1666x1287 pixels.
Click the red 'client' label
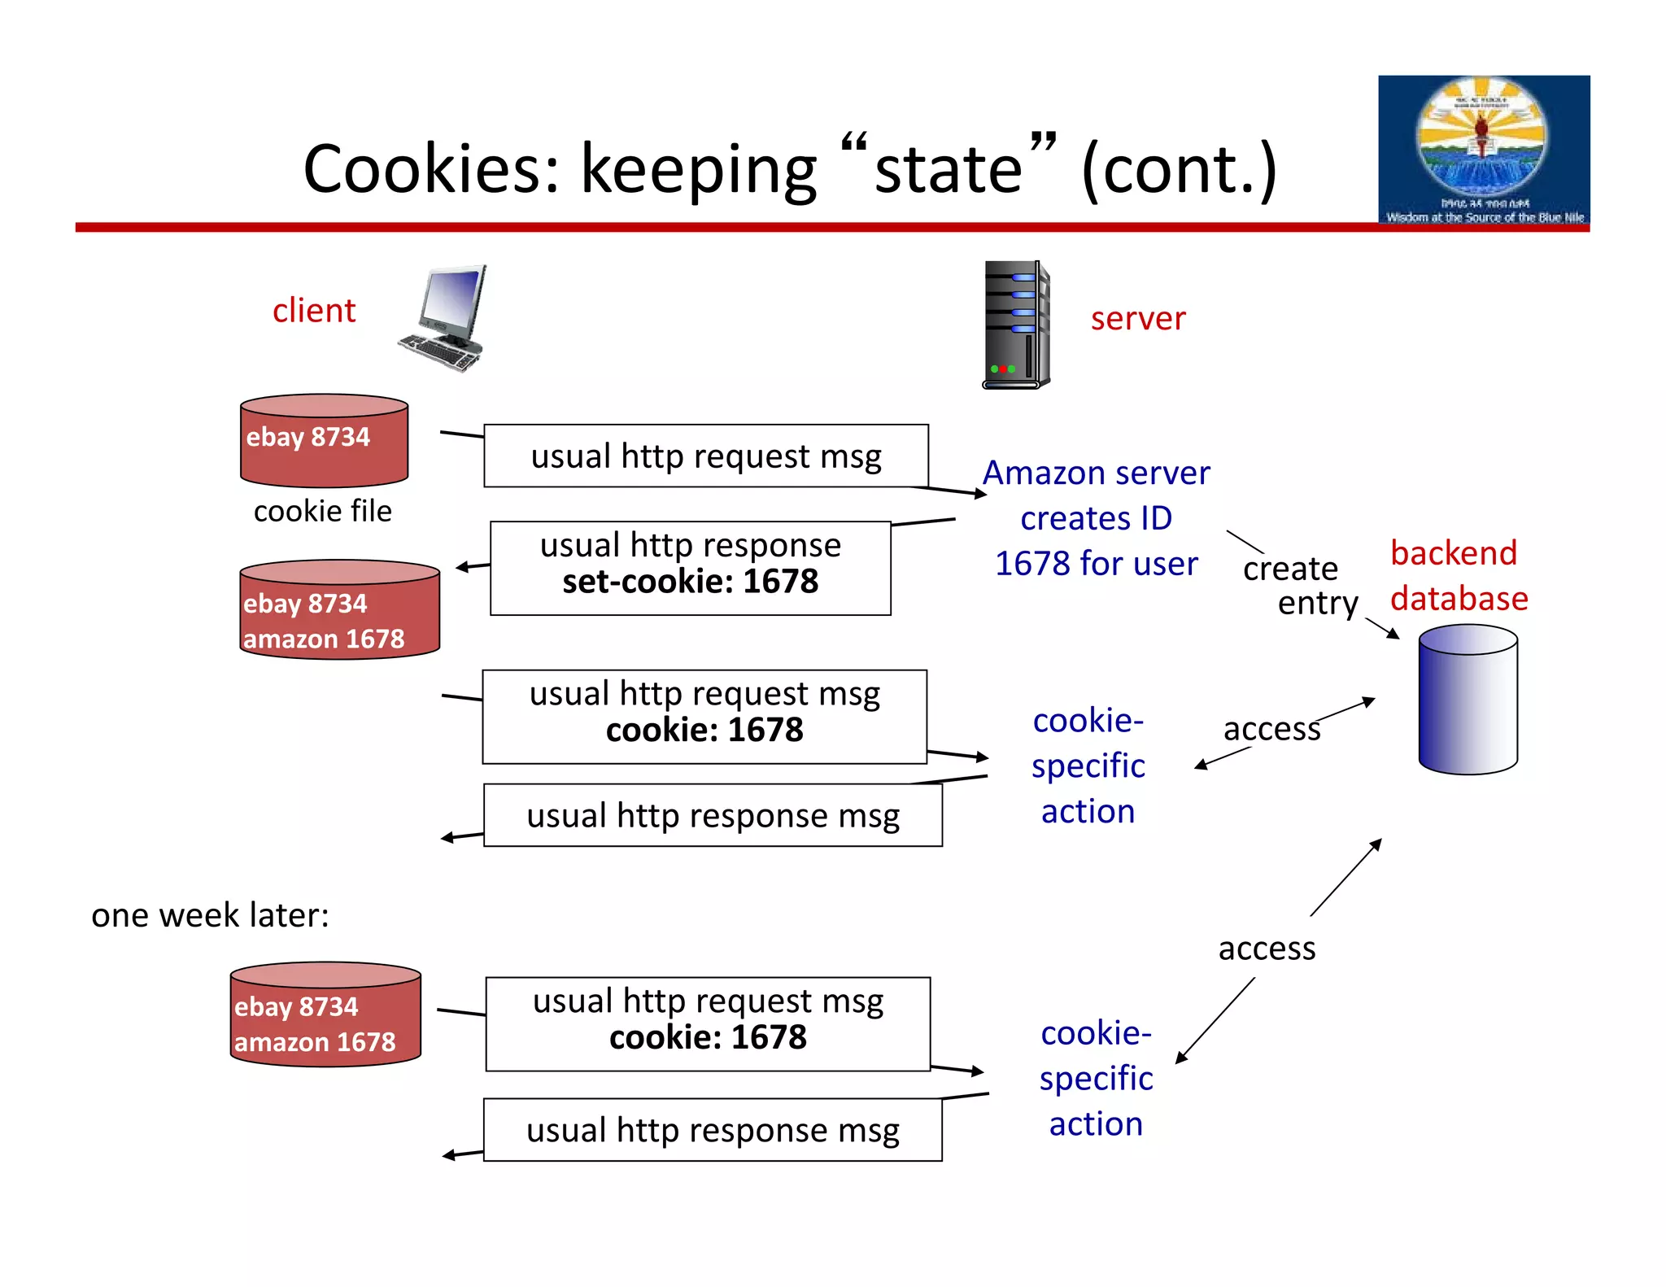point(314,311)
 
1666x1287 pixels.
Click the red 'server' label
point(1137,319)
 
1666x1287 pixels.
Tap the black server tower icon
point(1015,325)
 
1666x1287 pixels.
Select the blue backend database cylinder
point(1468,700)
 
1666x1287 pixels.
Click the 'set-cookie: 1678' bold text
point(690,582)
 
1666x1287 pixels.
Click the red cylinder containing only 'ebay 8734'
point(324,440)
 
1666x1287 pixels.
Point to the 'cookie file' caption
point(322,512)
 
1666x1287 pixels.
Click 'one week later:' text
point(210,916)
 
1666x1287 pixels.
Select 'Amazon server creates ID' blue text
point(1096,495)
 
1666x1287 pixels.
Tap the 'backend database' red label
point(1458,576)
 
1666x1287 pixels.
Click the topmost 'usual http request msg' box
point(705,456)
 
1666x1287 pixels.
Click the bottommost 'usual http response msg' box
point(713,1131)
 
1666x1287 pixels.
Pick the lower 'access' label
point(1266,949)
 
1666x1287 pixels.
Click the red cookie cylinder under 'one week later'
point(325,1014)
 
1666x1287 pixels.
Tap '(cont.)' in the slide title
point(1179,169)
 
